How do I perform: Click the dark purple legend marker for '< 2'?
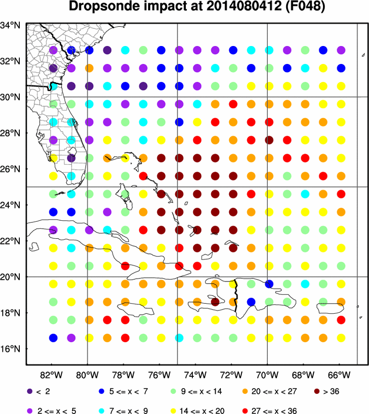click(30, 392)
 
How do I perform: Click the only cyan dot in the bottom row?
click(179, 338)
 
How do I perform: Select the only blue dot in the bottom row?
click(53, 338)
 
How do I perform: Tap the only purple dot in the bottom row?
click(71, 338)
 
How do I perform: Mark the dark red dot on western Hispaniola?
click(215, 302)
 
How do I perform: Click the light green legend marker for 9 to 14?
click(173, 392)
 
